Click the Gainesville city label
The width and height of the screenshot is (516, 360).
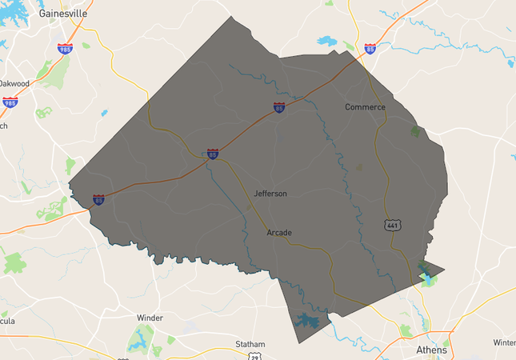pyautogui.click(x=62, y=14)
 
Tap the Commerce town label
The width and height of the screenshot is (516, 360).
pyautogui.click(x=365, y=107)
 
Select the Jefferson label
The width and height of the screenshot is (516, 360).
pyautogui.click(x=270, y=194)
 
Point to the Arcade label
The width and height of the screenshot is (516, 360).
pyautogui.click(x=279, y=233)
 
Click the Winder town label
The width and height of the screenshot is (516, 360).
pyautogui.click(x=150, y=318)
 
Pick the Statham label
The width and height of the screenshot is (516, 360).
pyautogui.click(x=250, y=345)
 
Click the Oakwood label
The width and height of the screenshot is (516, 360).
pyautogui.click(x=14, y=83)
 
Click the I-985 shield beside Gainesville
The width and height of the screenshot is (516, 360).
pyautogui.click(x=65, y=48)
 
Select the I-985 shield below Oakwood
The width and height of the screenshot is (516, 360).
pyautogui.click(x=10, y=102)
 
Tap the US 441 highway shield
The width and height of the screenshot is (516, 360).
pyautogui.click(x=391, y=225)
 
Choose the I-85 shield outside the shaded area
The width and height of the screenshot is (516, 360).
pyautogui.click(x=370, y=48)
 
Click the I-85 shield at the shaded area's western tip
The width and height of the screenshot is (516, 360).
pyautogui.click(x=98, y=199)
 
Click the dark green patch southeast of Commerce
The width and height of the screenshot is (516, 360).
pyautogui.click(x=414, y=131)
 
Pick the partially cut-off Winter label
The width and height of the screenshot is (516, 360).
pyautogui.click(x=505, y=342)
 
